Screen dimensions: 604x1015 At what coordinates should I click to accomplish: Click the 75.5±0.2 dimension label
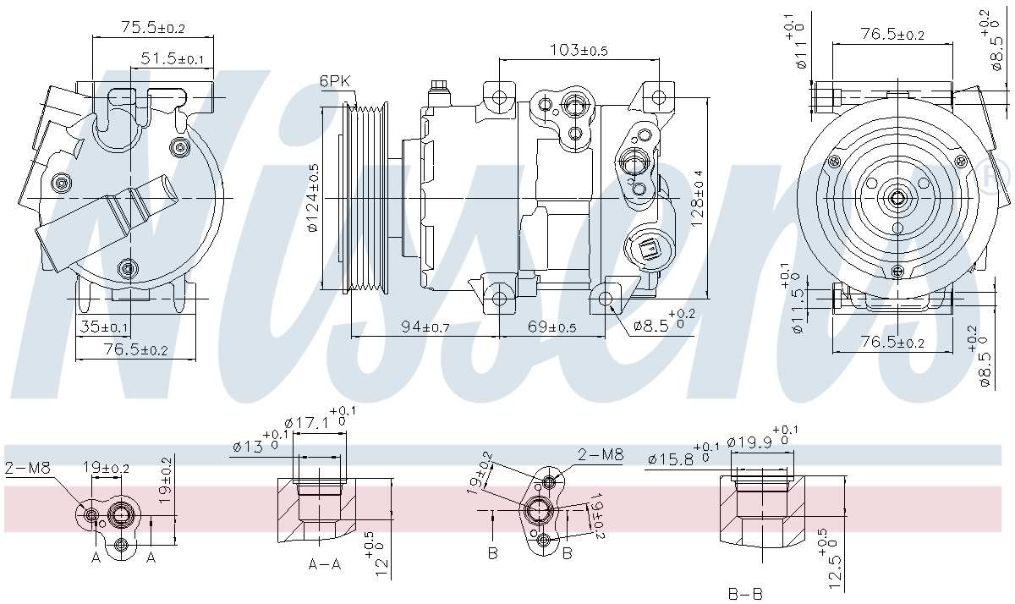tap(152, 28)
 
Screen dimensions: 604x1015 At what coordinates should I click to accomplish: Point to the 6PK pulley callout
tap(335, 81)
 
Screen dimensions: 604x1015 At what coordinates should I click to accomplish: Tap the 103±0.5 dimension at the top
tap(579, 50)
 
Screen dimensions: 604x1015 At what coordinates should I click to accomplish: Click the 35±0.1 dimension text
tap(103, 327)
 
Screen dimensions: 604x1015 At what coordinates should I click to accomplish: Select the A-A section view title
tap(324, 564)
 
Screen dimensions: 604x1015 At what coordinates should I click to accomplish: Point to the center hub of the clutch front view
tap(897, 199)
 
